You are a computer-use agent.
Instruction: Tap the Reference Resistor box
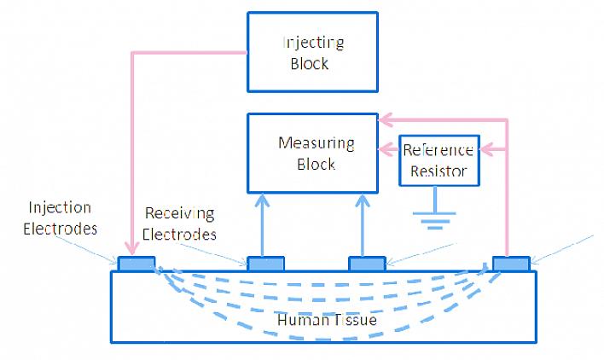pyautogui.click(x=438, y=160)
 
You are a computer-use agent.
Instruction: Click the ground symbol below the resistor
pyautogui.click(x=438, y=215)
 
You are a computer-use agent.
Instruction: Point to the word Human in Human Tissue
pyautogui.click(x=297, y=319)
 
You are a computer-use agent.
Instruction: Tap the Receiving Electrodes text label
pyautogui.click(x=179, y=224)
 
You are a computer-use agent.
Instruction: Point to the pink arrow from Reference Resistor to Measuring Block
pyautogui.click(x=389, y=150)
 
